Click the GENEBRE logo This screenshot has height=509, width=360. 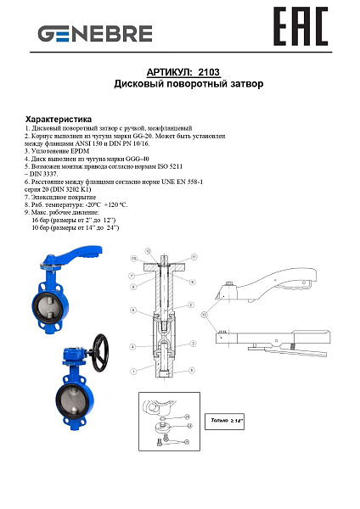click(94, 34)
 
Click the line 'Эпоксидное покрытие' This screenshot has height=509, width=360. click(68, 197)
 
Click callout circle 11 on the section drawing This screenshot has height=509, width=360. click(194, 256)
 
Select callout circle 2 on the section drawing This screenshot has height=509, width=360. click(192, 305)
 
